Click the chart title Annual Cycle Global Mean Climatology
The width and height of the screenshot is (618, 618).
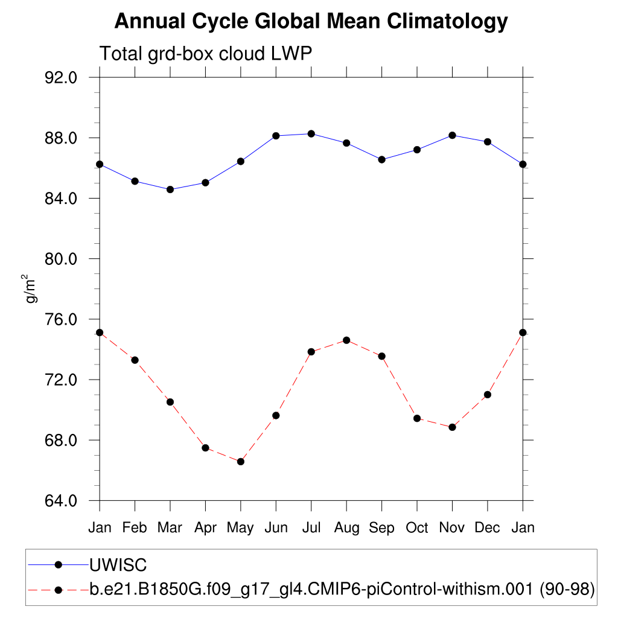click(x=311, y=22)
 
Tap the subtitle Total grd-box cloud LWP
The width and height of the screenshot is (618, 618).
click(x=205, y=54)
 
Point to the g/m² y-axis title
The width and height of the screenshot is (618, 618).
click(x=28, y=288)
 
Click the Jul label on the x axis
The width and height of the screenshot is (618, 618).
click(x=311, y=528)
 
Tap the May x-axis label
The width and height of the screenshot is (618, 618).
click(x=240, y=528)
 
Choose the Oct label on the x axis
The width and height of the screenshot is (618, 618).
click(x=417, y=528)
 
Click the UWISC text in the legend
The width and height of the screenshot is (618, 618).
click(x=118, y=565)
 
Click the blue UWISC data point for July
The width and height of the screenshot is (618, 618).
click(x=311, y=133)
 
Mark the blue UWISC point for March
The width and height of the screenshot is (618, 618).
click(x=170, y=190)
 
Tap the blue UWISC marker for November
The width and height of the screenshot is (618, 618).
click(x=452, y=135)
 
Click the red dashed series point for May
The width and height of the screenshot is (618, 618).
click(x=241, y=462)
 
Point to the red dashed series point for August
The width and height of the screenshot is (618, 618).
click(x=346, y=340)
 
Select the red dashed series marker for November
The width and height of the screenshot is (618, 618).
click(x=452, y=427)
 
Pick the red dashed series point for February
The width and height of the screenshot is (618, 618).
click(x=135, y=360)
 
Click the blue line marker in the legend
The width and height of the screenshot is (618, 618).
click(x=59, y=565)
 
